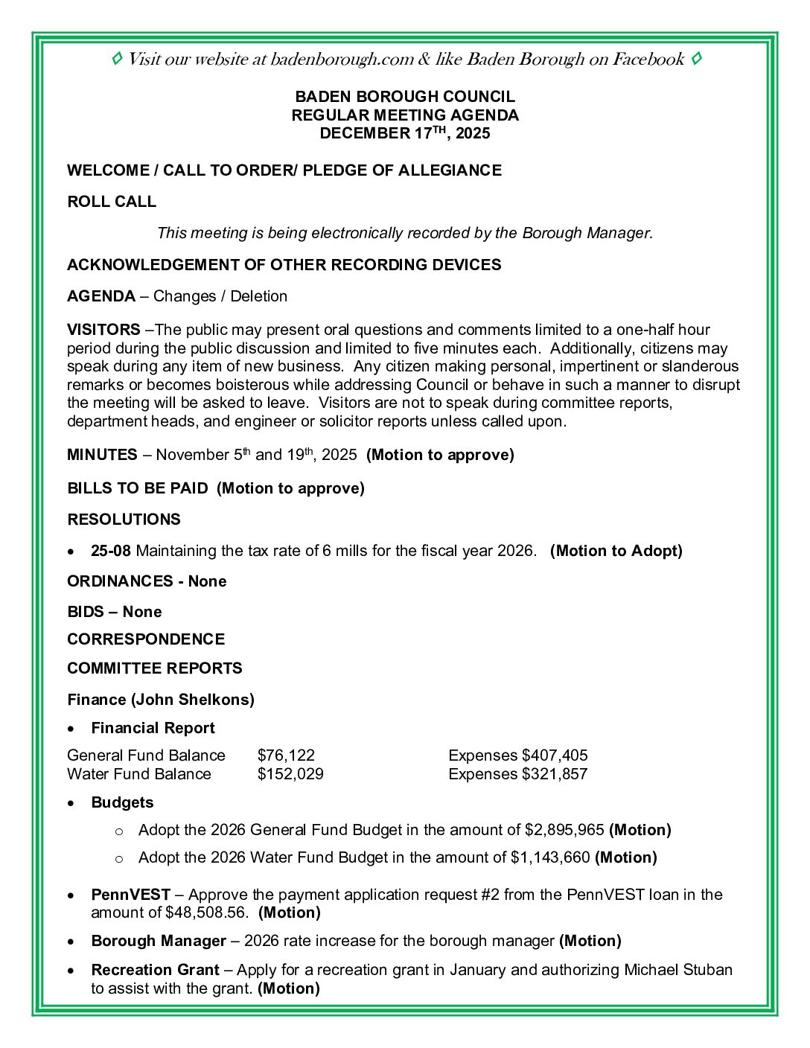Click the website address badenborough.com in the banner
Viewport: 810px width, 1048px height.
pos(342,60)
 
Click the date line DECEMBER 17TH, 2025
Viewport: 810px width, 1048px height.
pos(405,133)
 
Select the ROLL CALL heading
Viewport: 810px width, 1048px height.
pos(112,202)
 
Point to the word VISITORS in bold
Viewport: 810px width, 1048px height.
pos(103,330)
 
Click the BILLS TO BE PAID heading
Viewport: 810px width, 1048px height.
pos(138,488)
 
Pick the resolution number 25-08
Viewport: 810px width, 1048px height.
pos(111,551)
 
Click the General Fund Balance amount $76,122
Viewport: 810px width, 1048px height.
pos(286,755)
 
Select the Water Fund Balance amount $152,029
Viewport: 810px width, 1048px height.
pos(290,774)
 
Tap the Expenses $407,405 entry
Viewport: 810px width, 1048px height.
pos(518,755)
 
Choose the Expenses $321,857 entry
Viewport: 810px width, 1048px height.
pos(518,774)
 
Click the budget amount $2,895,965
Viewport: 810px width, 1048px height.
pos(564,830)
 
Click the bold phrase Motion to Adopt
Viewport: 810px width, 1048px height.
pos(616,551)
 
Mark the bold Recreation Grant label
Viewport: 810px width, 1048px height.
pos(155,970)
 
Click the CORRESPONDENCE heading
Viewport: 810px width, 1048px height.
pos(146,639)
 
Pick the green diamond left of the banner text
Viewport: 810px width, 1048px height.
pos(117,59)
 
